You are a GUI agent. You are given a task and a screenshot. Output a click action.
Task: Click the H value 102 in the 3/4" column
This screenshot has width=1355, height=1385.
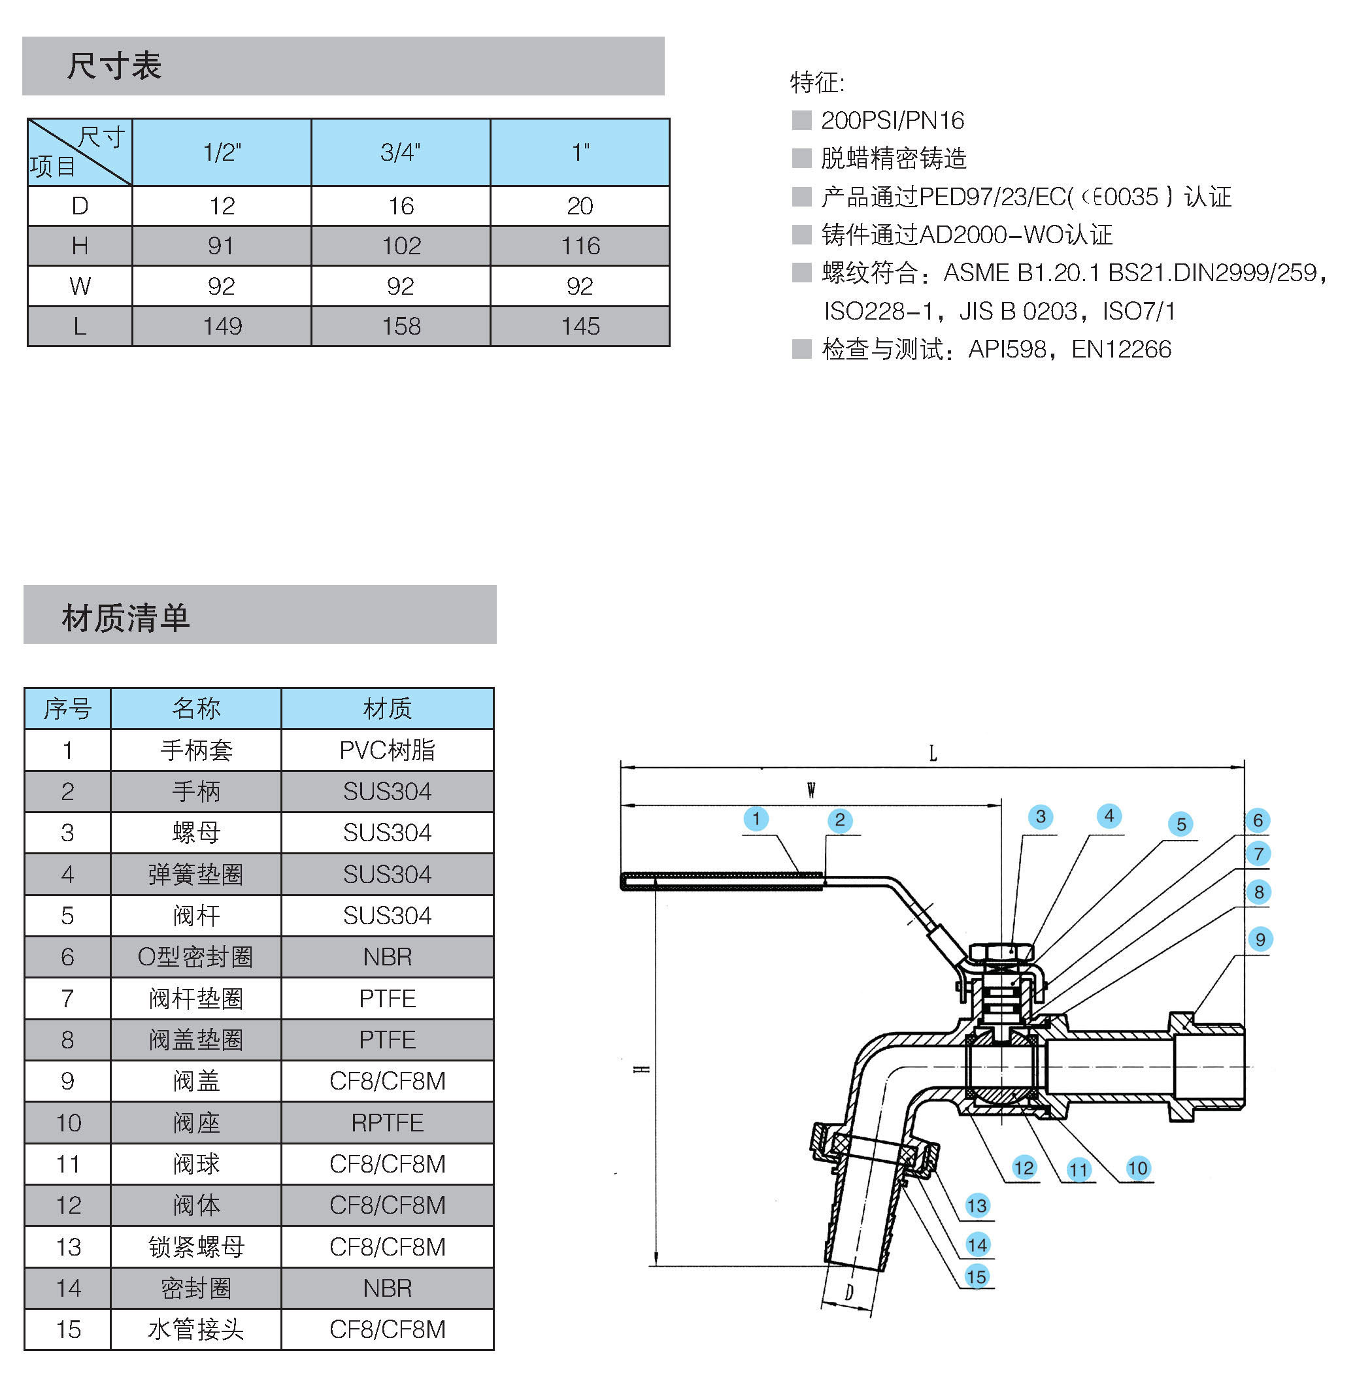click(401, 246)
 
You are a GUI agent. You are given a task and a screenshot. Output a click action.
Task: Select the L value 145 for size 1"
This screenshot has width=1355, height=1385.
click(580, 326)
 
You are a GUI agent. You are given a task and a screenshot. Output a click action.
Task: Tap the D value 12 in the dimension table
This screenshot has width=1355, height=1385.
click(222, 206)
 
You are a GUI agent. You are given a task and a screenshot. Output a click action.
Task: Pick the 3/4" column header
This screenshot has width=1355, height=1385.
click(401, 152)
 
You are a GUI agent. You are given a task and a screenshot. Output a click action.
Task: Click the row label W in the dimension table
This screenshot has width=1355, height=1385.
click(80, 286)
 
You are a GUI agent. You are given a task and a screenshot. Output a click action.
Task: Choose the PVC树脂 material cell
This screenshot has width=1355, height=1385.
click(387, 750)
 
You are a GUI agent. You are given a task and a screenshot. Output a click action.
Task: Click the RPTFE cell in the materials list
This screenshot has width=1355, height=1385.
click(387, 1122)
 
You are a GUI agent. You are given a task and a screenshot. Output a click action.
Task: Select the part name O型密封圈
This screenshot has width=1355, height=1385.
click(195, 956)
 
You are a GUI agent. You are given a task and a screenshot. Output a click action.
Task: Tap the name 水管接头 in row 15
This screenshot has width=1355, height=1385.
click(195, 1329)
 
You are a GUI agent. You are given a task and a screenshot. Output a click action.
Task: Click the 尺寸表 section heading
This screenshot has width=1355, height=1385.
click(114, 66)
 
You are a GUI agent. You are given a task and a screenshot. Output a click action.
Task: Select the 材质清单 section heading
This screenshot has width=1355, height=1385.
click(125, 617)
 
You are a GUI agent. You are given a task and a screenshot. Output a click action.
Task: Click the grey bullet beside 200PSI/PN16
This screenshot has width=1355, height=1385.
click(801, 120)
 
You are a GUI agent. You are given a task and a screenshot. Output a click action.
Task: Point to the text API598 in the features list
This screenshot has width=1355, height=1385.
click(1007, 349)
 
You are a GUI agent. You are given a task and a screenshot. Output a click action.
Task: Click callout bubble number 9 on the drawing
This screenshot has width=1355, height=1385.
click(1260, 939)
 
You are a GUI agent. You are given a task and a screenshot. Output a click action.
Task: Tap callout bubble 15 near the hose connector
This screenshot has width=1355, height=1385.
click(977, 1276)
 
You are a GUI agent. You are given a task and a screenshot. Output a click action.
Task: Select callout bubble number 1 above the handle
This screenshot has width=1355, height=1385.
click(756, 818)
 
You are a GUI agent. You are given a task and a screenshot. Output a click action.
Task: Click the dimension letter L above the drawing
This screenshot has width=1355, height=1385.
click(933, 753)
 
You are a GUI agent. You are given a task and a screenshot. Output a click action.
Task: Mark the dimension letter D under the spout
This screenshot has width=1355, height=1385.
click(849, 1292)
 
